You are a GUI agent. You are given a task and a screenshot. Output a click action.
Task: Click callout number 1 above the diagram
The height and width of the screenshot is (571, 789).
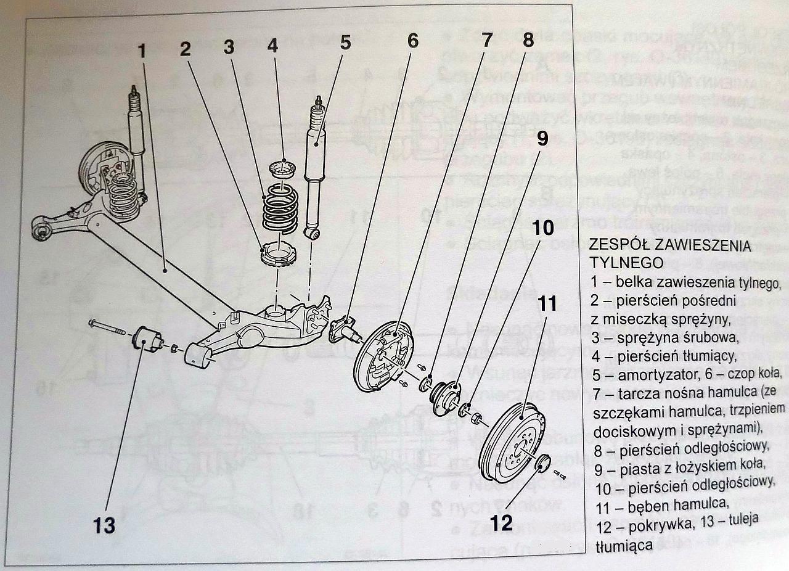142,51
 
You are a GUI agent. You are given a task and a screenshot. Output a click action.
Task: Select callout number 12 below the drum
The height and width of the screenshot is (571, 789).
502,523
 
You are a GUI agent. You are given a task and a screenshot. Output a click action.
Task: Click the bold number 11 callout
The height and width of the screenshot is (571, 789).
547,303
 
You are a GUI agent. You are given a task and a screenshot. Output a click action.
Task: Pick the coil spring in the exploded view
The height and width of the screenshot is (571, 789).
280,213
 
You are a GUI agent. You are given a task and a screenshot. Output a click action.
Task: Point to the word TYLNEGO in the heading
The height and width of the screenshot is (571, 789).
625,263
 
